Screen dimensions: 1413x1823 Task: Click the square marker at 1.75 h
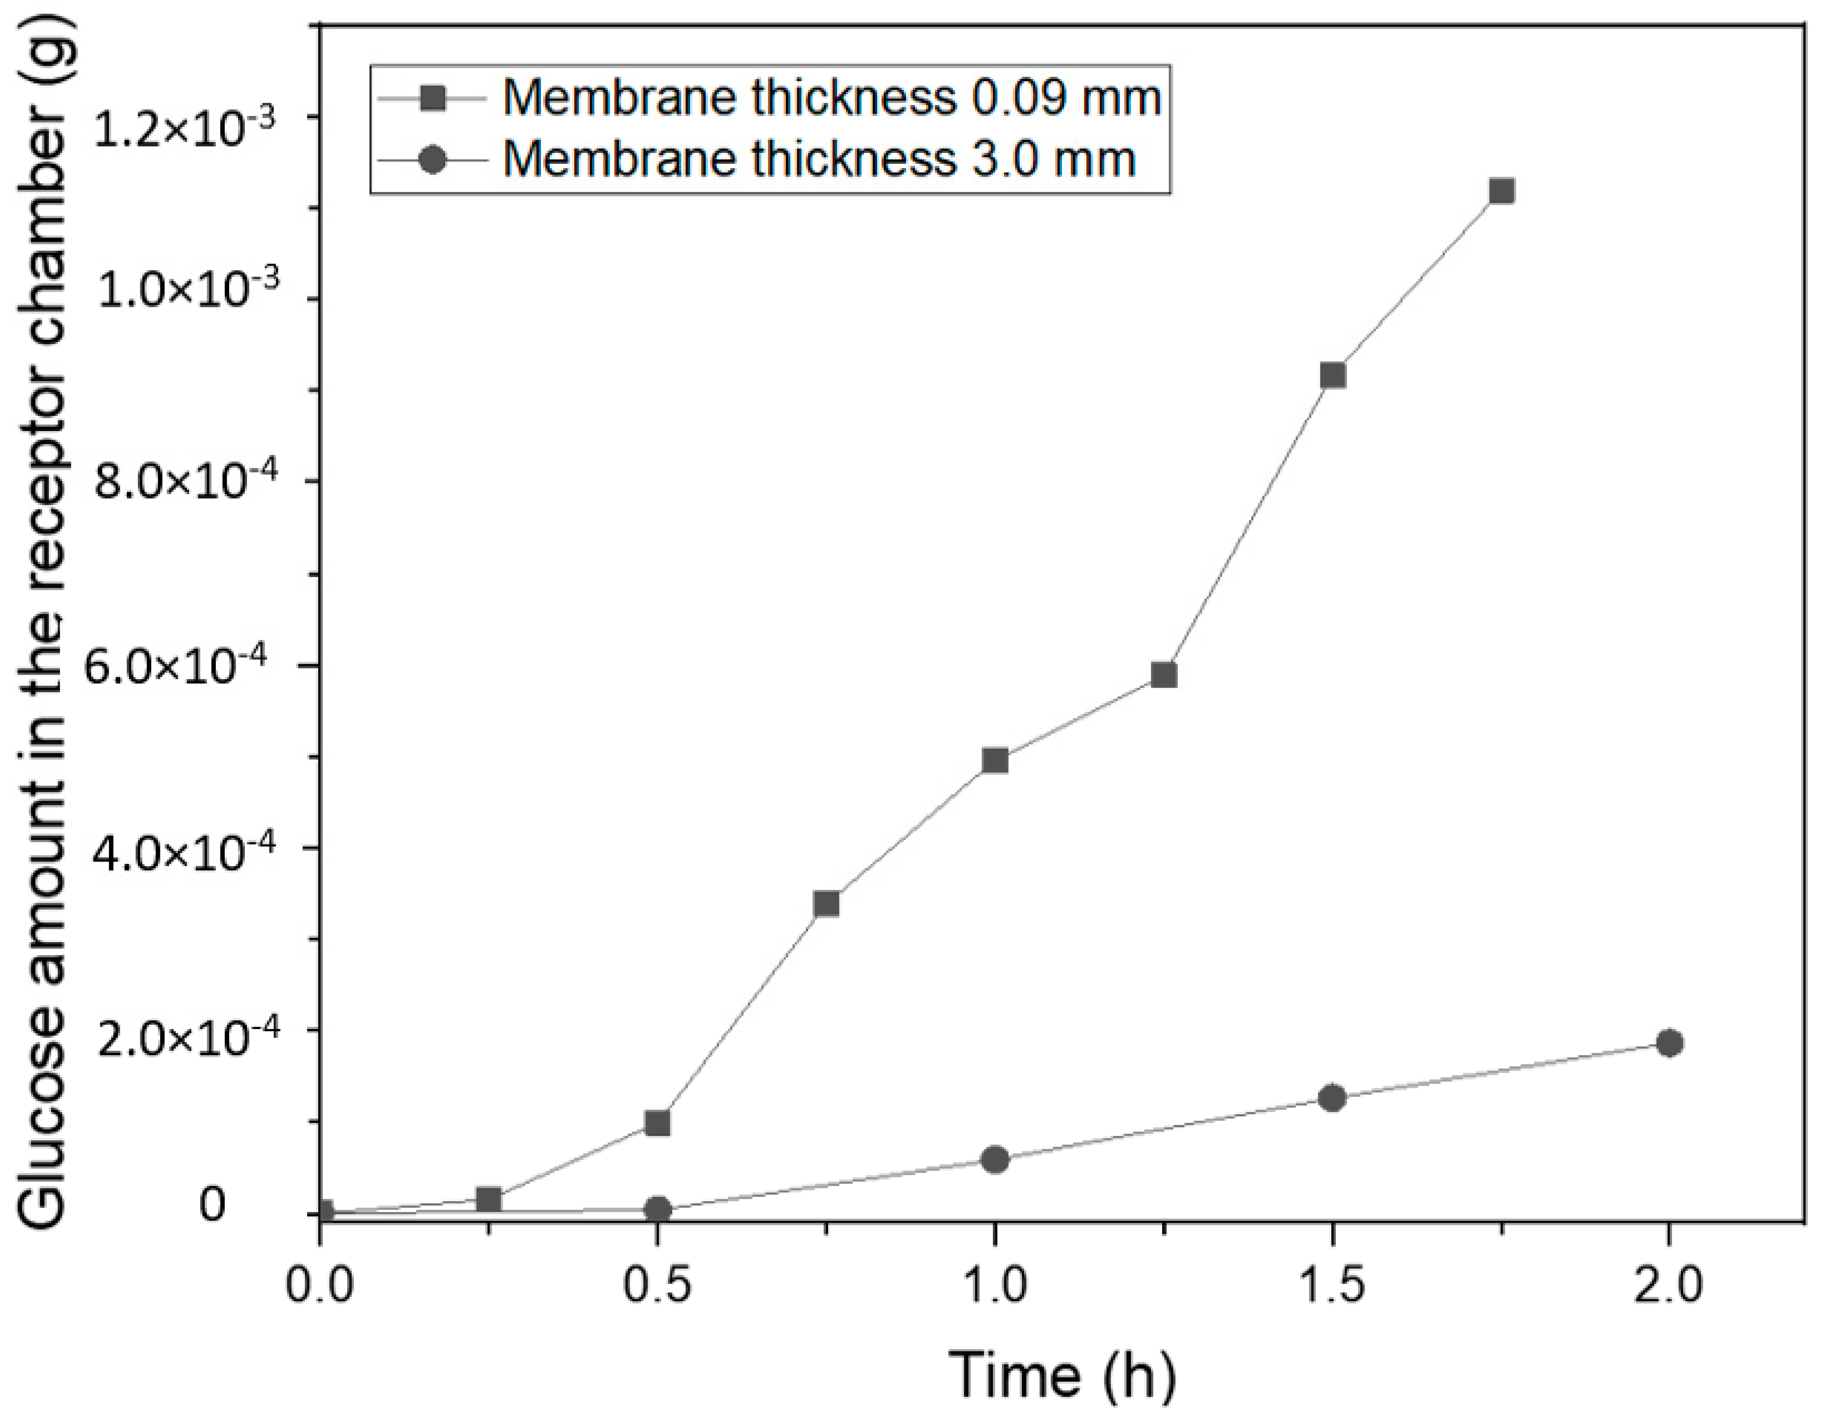[x=1502, y=191]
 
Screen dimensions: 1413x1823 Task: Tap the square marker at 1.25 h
[x=1163, y=675]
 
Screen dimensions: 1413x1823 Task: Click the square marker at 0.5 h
[x=658, y=1123]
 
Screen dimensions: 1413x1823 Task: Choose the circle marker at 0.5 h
[x=658, y=1209]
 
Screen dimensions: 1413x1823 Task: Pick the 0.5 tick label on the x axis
[x=658, y=1287]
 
